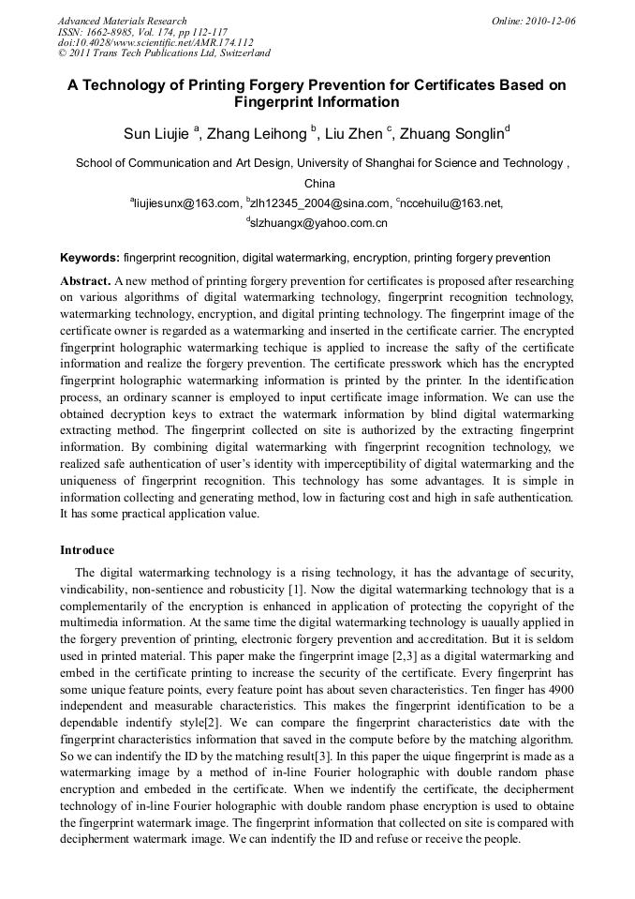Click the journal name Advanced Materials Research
pyautogui.click(x=122, y=21)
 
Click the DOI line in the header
pyautogui.click(x=155, y=43)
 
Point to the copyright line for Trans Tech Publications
pyautogui.click(x=164, y=54)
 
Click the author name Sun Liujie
pyautogui.click(x=156, y=134)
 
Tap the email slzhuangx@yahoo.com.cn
pyautogui.click(x=318, y=224)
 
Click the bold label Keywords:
pyautogui.click(x=90, y=258)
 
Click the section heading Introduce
pyautogui.click(x=87, y=550)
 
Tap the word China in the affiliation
pyautogui.click(x=319, y=184)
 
